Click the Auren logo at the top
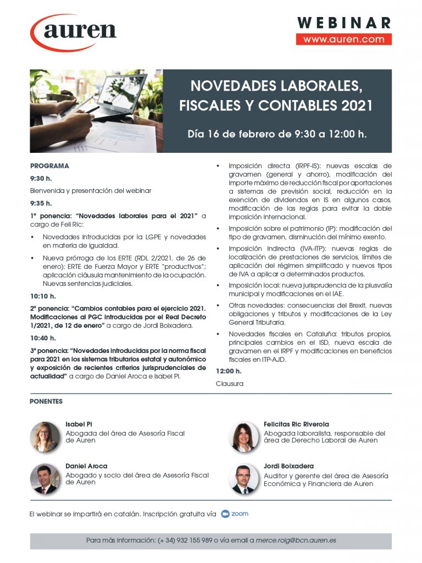(x=74, y=31)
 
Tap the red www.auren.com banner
(x=343, y=40)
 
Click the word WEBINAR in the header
(x=344, y=23)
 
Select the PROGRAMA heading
(x=49, y=165)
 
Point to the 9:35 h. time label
(x=41, y=203)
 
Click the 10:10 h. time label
(x=43, y=296)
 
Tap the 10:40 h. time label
(x=43, y=338)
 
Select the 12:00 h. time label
(x=229, y=371)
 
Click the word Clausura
(x=229, y=384)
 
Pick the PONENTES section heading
(x=46, y=402)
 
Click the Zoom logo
(x=235, y=514)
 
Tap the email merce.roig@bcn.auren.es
(x=296, y=540)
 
